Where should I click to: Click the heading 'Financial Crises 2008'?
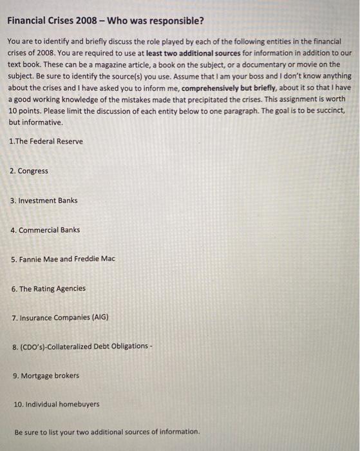[x=50, y=20]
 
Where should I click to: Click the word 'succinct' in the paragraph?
[x=329, y=111]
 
